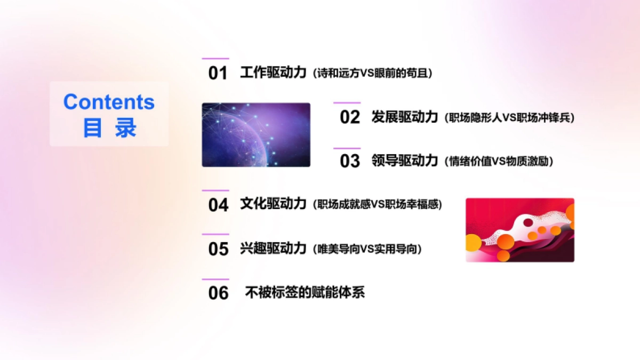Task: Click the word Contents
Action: (109, 102)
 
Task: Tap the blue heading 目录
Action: (109, 129)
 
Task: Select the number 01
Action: (218, 73)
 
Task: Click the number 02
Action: (350, 117)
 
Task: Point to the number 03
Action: (350, 161)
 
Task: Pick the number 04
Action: (218, 205)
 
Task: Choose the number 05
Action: (218, 249)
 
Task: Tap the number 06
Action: (218, 293)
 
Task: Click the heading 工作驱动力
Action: (273, 72)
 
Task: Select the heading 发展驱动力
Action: (405, 117)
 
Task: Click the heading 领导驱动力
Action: (405, 161)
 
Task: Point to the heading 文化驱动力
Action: (273, 204)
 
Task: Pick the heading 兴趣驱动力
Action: (273, 248)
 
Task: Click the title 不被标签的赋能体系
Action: (305, 292)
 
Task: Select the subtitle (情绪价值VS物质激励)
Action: (498, 162)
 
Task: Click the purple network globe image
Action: (256, 135)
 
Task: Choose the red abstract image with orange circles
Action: (520, 230)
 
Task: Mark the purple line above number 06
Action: (215, 279)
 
